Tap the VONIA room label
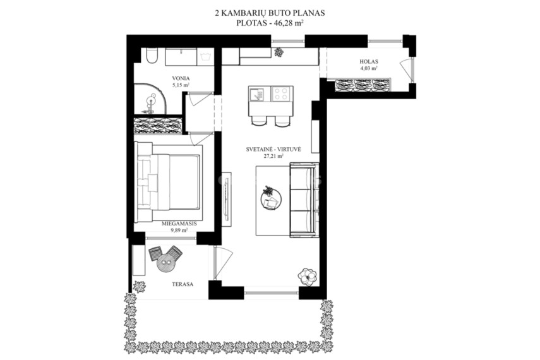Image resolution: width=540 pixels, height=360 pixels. [181, 78]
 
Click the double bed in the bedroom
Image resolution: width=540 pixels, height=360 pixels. [168, 182]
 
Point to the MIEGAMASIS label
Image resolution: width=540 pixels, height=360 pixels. [179, 224]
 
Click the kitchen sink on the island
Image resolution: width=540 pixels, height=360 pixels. [256, 94]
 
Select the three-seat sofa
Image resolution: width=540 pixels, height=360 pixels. [304, 200]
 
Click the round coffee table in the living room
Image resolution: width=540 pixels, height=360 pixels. [271, 199]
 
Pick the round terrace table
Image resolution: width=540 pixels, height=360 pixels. [166, 263]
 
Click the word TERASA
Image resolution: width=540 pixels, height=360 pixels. [183, 285]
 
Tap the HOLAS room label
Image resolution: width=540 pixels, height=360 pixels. [369, 62]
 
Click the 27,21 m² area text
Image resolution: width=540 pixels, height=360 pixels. [273, 156]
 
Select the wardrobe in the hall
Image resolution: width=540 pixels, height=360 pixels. [363, 85]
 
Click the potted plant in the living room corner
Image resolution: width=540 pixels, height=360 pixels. [307, 275]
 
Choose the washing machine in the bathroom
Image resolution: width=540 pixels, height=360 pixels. [205, 56]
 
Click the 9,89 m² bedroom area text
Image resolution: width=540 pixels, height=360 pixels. [179, 230]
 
